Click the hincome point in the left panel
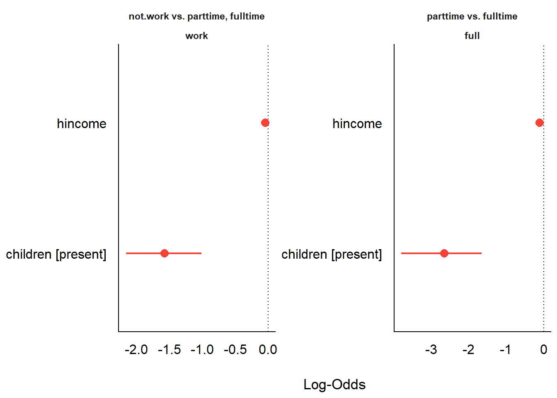265,123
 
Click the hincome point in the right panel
539,123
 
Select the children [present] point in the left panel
165,253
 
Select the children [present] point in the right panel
444,253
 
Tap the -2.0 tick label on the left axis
136,350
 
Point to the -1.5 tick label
169,350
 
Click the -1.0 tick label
202,350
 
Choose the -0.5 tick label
235,350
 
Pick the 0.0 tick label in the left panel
268,350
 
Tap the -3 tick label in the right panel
431,350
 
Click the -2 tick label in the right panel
468,350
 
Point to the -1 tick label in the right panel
505,350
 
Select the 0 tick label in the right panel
544,350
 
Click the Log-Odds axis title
334,385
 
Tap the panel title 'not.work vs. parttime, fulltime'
196,17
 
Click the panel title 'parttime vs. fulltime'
472,17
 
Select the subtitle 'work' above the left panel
196,36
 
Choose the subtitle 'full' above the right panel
472,36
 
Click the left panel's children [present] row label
56,254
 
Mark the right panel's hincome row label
357,124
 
